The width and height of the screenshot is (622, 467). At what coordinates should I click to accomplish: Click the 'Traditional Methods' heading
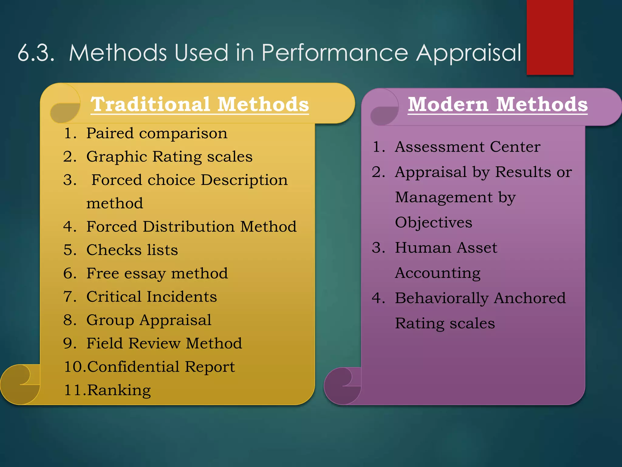click(x=200, y=104)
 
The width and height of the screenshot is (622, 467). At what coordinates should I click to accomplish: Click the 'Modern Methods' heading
click(x=497, y=104)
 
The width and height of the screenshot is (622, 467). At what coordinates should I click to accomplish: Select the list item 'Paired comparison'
click(x=156, y=133)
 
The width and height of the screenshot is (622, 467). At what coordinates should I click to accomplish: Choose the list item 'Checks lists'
click(x=132, y=250)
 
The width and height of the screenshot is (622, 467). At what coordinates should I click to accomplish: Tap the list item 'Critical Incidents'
click(x=152, y=296)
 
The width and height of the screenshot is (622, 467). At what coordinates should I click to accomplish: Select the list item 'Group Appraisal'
click(x=149, y=320)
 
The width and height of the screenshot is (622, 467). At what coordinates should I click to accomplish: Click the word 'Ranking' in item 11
click(x=119, y=390)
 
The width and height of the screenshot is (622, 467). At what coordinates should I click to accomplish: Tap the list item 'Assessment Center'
click(x=467, y=147)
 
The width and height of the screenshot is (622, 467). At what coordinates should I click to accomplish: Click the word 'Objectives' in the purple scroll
click(x=433, y=222)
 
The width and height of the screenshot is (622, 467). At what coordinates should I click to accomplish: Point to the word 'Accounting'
click(x=438, y=273)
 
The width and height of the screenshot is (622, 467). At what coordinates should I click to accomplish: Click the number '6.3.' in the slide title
click(x=36, y=53)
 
